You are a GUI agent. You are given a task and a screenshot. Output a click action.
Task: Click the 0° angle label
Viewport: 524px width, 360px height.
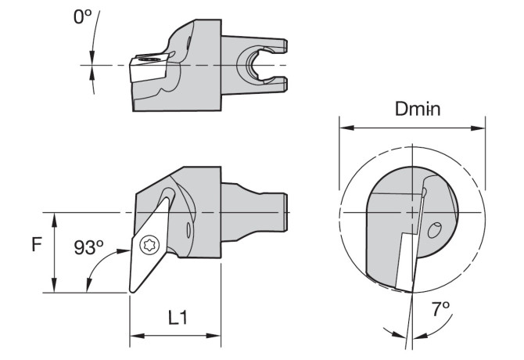pyautogui.click(x=82, y=16)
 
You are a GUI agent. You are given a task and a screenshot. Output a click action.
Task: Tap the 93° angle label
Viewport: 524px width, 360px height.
pyautogui.click(x=88, y=247)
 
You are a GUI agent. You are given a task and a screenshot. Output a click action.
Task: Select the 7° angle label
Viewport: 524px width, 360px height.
pyautogui.click(x=440, y=308)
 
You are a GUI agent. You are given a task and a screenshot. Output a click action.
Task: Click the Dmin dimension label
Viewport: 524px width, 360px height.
pyautogui.click(x=418, y=109)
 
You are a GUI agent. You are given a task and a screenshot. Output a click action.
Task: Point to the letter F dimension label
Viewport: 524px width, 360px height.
pyautogui.click(x=37, y=244)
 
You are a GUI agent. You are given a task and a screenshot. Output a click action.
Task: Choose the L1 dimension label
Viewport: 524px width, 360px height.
pyautogui.click(x=178, y=318)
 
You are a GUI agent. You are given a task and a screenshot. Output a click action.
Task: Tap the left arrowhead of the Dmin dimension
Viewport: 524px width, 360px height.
pyautogui.click(x=346, y=128)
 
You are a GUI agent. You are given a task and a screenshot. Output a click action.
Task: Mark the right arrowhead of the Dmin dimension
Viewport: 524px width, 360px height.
pyautogui.click(x=478, y=128)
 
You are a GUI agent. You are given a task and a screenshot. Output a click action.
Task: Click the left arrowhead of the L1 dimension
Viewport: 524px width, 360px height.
pyautogui.click(x=137, y=336)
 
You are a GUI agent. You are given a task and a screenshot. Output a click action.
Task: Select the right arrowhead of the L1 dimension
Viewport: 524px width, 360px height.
pyautogui.click(x=214, y=336)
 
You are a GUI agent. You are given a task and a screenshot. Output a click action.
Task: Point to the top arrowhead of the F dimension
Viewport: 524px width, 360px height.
pyautogui.click(x=55, y=220)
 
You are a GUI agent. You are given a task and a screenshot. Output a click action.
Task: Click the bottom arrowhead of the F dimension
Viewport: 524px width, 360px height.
pyautogui.click(x=55, y=285)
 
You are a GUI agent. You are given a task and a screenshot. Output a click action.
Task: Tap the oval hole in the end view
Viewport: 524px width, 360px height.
pyautogui.click(x=434, y=231)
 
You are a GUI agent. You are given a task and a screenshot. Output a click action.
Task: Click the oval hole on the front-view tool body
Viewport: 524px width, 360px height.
pyautogui.click(x=188, y=231)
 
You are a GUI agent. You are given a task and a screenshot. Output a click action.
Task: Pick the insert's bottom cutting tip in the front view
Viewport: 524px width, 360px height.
pyautogui.click(x=131, y=291)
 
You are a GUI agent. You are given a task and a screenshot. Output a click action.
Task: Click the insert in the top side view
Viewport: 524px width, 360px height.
pyautogui.click(x=148, y=68)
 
